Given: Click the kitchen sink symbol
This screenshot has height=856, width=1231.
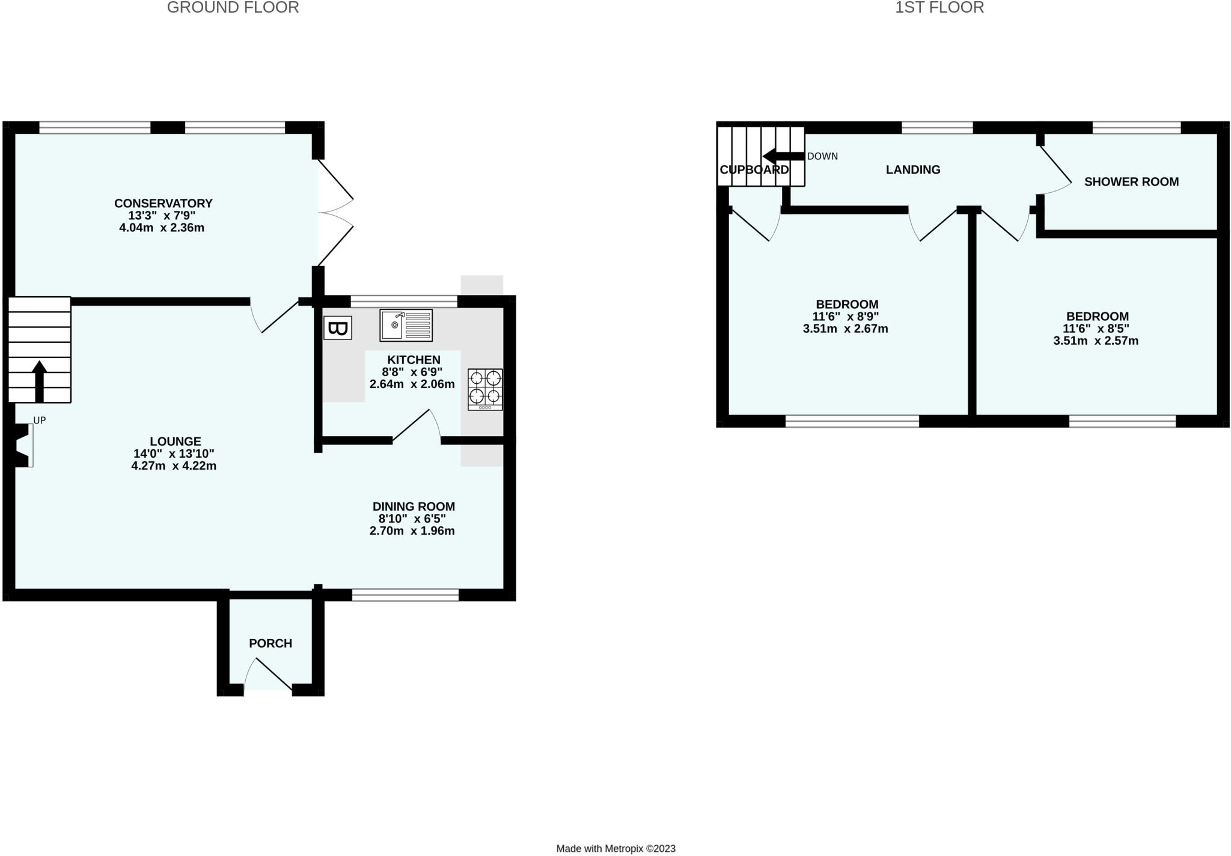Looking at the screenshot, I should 406,325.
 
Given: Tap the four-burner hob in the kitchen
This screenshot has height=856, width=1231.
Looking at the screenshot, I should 485,389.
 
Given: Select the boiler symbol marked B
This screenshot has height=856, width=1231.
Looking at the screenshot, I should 337,328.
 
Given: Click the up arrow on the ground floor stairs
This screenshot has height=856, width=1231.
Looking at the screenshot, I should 40,380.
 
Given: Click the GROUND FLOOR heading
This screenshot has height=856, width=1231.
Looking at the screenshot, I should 233,8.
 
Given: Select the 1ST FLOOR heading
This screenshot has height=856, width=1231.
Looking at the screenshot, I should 939,8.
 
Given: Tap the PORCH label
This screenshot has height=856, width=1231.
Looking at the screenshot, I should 270,643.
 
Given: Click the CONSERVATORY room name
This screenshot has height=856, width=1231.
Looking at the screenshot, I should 163,203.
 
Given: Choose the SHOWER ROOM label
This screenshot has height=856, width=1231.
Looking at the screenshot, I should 1131,181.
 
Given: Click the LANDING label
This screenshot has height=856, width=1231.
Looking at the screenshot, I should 912,169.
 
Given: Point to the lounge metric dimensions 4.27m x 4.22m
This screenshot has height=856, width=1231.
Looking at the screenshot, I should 174,466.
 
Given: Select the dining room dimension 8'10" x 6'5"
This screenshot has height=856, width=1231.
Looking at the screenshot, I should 412,518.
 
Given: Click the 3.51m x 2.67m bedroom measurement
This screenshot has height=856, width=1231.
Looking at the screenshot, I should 845,329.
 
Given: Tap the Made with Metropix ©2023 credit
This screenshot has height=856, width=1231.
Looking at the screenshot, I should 615,848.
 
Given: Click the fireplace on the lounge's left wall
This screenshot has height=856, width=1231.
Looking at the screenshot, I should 23,445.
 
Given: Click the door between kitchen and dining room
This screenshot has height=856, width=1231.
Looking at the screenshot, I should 416,426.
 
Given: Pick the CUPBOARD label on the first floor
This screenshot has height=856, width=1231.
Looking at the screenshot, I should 754,169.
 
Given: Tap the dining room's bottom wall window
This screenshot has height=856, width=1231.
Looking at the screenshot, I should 405,595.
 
